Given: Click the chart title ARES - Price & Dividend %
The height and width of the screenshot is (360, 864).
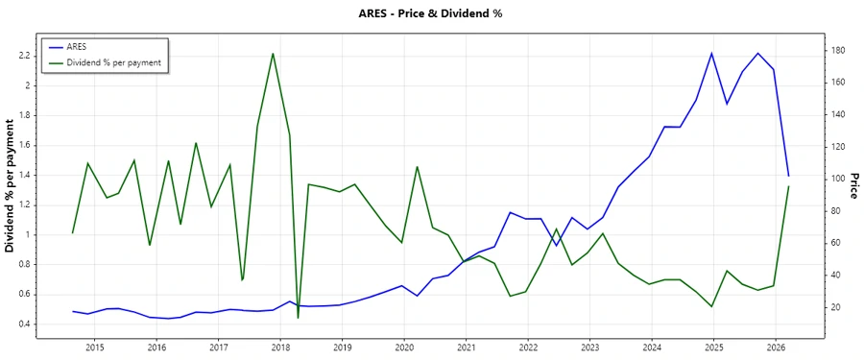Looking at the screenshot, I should click(x=431, y=13).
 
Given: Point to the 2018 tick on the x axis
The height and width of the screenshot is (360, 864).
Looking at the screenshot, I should click(x=280, y=347).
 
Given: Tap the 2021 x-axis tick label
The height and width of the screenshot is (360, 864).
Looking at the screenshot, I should click(x=466, y=347).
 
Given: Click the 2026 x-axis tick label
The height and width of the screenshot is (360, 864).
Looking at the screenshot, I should click(x=776, y=347).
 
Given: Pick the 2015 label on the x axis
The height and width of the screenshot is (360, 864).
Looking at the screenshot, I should click(x=95, y=347).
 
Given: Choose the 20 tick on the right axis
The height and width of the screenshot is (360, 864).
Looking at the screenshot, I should click(x=839, y=307).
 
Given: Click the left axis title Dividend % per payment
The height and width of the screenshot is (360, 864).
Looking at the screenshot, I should click(x=10, y=186).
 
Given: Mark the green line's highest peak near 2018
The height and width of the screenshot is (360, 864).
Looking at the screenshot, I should click(x=274, y=54).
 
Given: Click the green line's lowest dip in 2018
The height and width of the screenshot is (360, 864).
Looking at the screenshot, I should click(x=298, y=317).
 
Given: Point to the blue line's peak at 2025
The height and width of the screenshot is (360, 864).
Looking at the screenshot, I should click(x=711, y=53).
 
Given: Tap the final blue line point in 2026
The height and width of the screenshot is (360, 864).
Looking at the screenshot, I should click(x=789, y=176).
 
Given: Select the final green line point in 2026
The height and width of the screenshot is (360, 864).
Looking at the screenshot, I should click(x=789, y=186).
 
